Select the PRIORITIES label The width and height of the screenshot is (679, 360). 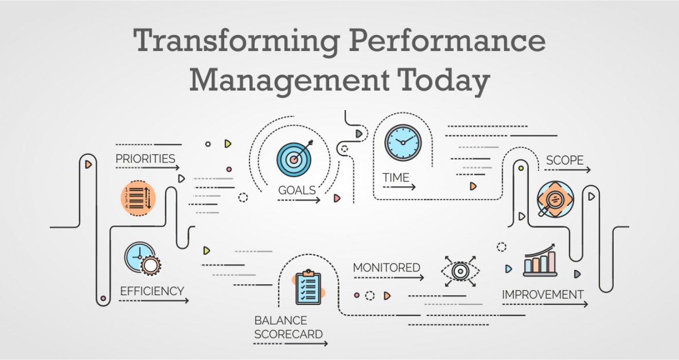tap(145, 159)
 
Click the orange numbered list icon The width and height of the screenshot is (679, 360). tap(138, 198)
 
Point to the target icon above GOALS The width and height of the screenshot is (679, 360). tap(295, 158)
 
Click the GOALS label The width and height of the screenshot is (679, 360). tap(297, 190)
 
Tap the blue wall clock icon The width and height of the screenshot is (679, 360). tap(403, 142)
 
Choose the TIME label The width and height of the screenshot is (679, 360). tap(396, 177)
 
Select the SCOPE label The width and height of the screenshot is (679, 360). tap(565, 160)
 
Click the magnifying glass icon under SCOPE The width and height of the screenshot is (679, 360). tap(555, 200)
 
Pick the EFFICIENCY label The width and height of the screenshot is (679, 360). tap(152, 291)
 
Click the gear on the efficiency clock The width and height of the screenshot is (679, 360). tap(150, 265)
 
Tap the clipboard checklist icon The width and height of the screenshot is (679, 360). tap(308, 287)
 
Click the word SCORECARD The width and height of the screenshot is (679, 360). tap(288, 334)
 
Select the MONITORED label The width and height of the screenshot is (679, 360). tap(386, 268)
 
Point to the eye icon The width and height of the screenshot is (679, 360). tap(460, 271)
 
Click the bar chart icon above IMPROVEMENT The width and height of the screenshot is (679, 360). tap(540, 260)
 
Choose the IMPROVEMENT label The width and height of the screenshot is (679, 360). tap(543, 295)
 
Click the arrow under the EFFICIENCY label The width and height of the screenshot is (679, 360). tap(154, 301)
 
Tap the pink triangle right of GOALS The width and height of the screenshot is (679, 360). tap(337, 199)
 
